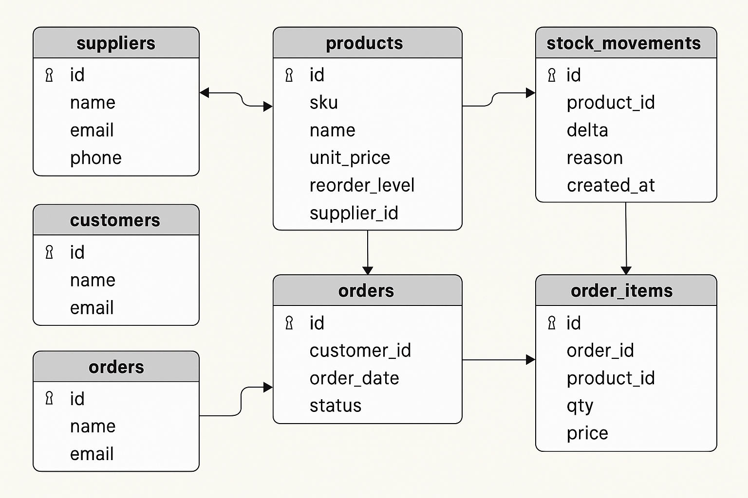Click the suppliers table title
(116, 43)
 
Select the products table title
(364, 43)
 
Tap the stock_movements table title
(623, 43)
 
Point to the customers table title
(115, 220)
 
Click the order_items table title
(621, 291)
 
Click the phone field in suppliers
(95, 158)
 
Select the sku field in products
(323, 103)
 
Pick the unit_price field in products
(350, 158)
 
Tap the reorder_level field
(361, 185)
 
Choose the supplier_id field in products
(354, 213)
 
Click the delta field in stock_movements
(587, 130)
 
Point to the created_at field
(611, 185)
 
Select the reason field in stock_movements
(595, 158)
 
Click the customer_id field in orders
(360, 351)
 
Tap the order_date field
(354, 378)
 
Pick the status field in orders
(335, 406)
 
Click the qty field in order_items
(580, 406)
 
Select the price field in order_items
(587, 433)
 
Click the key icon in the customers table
(49, 252)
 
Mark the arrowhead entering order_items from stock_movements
(626, 270)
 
